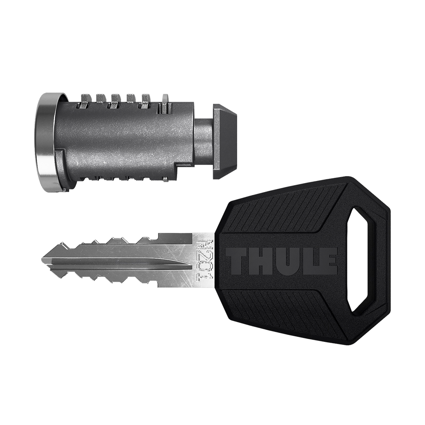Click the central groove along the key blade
(129, 260)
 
